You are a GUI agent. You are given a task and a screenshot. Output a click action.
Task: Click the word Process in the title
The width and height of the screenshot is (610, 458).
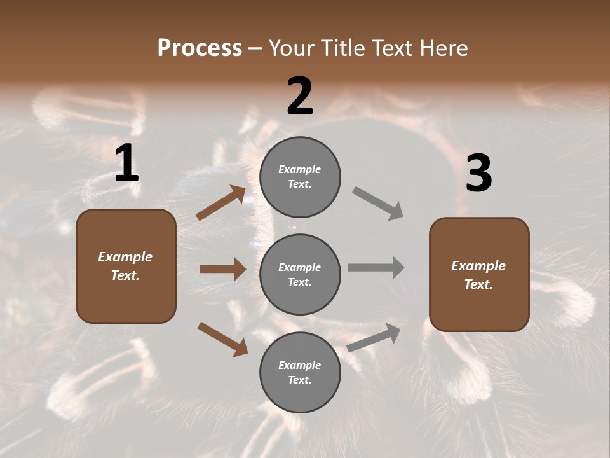[x=200, y=48]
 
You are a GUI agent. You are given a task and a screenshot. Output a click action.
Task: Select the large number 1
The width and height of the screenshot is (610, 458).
[x=126, y=163]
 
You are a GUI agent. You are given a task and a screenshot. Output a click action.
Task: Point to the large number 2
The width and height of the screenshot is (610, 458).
[x=300, y=96]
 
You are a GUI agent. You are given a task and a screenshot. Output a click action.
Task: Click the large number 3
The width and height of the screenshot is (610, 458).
[x=478, y=173]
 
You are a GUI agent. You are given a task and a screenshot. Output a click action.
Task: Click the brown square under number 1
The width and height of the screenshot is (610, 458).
[x=126, y=266]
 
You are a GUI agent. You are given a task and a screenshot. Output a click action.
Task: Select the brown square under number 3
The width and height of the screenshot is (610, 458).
[x=479, y=274]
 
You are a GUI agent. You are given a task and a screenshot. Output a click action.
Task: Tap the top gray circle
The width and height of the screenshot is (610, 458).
[x=300, y=177]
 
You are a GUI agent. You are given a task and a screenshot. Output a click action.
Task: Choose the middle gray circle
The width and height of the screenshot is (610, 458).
[x=300, y=274]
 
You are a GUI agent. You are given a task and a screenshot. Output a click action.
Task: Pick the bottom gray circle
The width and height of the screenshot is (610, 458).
[x=300, y=372]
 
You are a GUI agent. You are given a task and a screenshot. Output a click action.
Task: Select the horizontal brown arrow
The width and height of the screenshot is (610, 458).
[x=222, y=269]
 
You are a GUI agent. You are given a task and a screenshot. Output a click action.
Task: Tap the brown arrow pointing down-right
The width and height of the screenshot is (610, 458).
[x=222, y=339]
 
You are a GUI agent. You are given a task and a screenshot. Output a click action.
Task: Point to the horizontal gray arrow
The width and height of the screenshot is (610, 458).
[x=376, y=268]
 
